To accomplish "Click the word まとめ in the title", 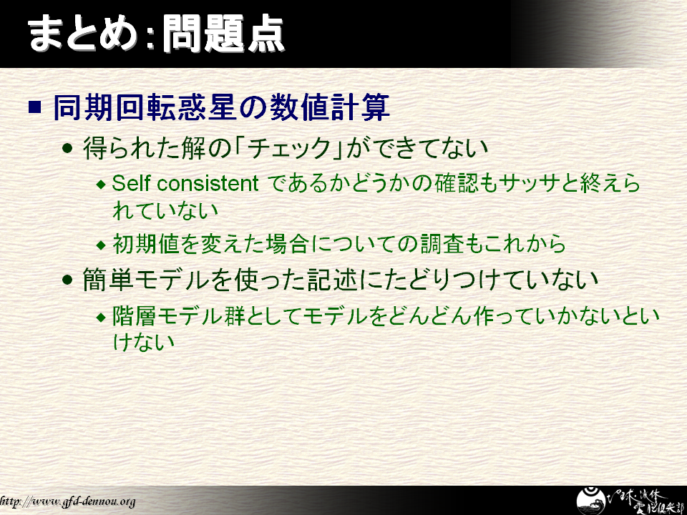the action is (82, 34).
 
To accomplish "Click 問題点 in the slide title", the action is (223, 34).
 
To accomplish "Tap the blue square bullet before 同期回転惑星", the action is (34, 107).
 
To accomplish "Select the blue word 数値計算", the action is (329, 107).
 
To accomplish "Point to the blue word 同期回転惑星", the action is (130, 107).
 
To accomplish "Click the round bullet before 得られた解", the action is (67, 148).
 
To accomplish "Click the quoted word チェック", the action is (288, 148).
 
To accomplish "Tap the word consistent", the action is (208, 184).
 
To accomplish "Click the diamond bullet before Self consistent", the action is (101, 185).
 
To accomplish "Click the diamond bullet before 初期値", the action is (101, 245).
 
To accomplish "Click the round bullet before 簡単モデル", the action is (67, 280).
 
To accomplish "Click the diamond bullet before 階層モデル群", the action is (101, 317).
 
